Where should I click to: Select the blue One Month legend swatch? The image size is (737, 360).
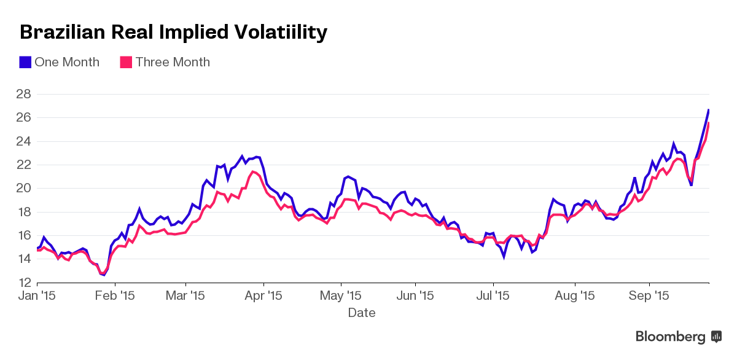pyautogui.click(x=25, y=62)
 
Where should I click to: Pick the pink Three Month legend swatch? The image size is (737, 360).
pyautogui.click(x=126, y=62)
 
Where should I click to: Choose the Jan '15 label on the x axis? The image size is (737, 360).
pyautogui.click(x=37, y=295)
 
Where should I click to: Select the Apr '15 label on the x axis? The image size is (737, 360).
pyautogui.click(x=263, y=295)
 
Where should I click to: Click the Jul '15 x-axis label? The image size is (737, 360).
pyautogui.click(x=493, y=295)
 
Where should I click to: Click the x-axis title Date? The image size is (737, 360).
pyautogui.click(x=362, y=313)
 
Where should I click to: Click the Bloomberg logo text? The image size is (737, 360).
pyautogui.click(x=670, y=337)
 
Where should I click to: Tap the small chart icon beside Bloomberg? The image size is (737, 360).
pyautogui.click(x=716, y=336)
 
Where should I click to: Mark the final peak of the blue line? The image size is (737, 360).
pyautogui.click(x=709, y=110)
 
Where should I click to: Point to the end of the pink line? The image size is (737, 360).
pyautogui.click(x=709, y=123)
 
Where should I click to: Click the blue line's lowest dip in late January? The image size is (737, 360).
pyautogui.click(x=104, y=275)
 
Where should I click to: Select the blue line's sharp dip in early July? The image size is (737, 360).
pyautogui.click(x=504, y=256)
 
